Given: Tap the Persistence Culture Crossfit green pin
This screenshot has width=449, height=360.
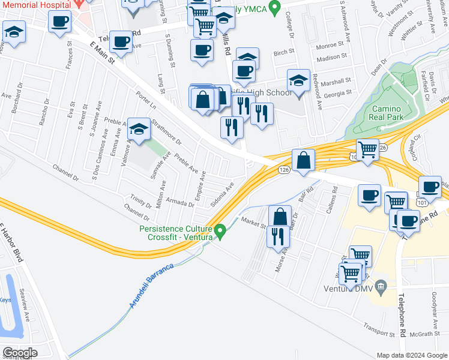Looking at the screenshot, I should point(220,230).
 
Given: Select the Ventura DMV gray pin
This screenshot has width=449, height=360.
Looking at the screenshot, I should point(379,285).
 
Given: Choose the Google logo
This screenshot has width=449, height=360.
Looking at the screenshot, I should point(20,352).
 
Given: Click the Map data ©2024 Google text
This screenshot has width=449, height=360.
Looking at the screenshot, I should point(411,355).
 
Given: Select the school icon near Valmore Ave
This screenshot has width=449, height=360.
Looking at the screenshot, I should point(139,129).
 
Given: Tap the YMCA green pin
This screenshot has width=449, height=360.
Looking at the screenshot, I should point(275,8).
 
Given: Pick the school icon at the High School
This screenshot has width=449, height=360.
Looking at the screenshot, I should point(298,80).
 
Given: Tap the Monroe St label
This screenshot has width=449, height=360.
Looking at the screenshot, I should point(327,46).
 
